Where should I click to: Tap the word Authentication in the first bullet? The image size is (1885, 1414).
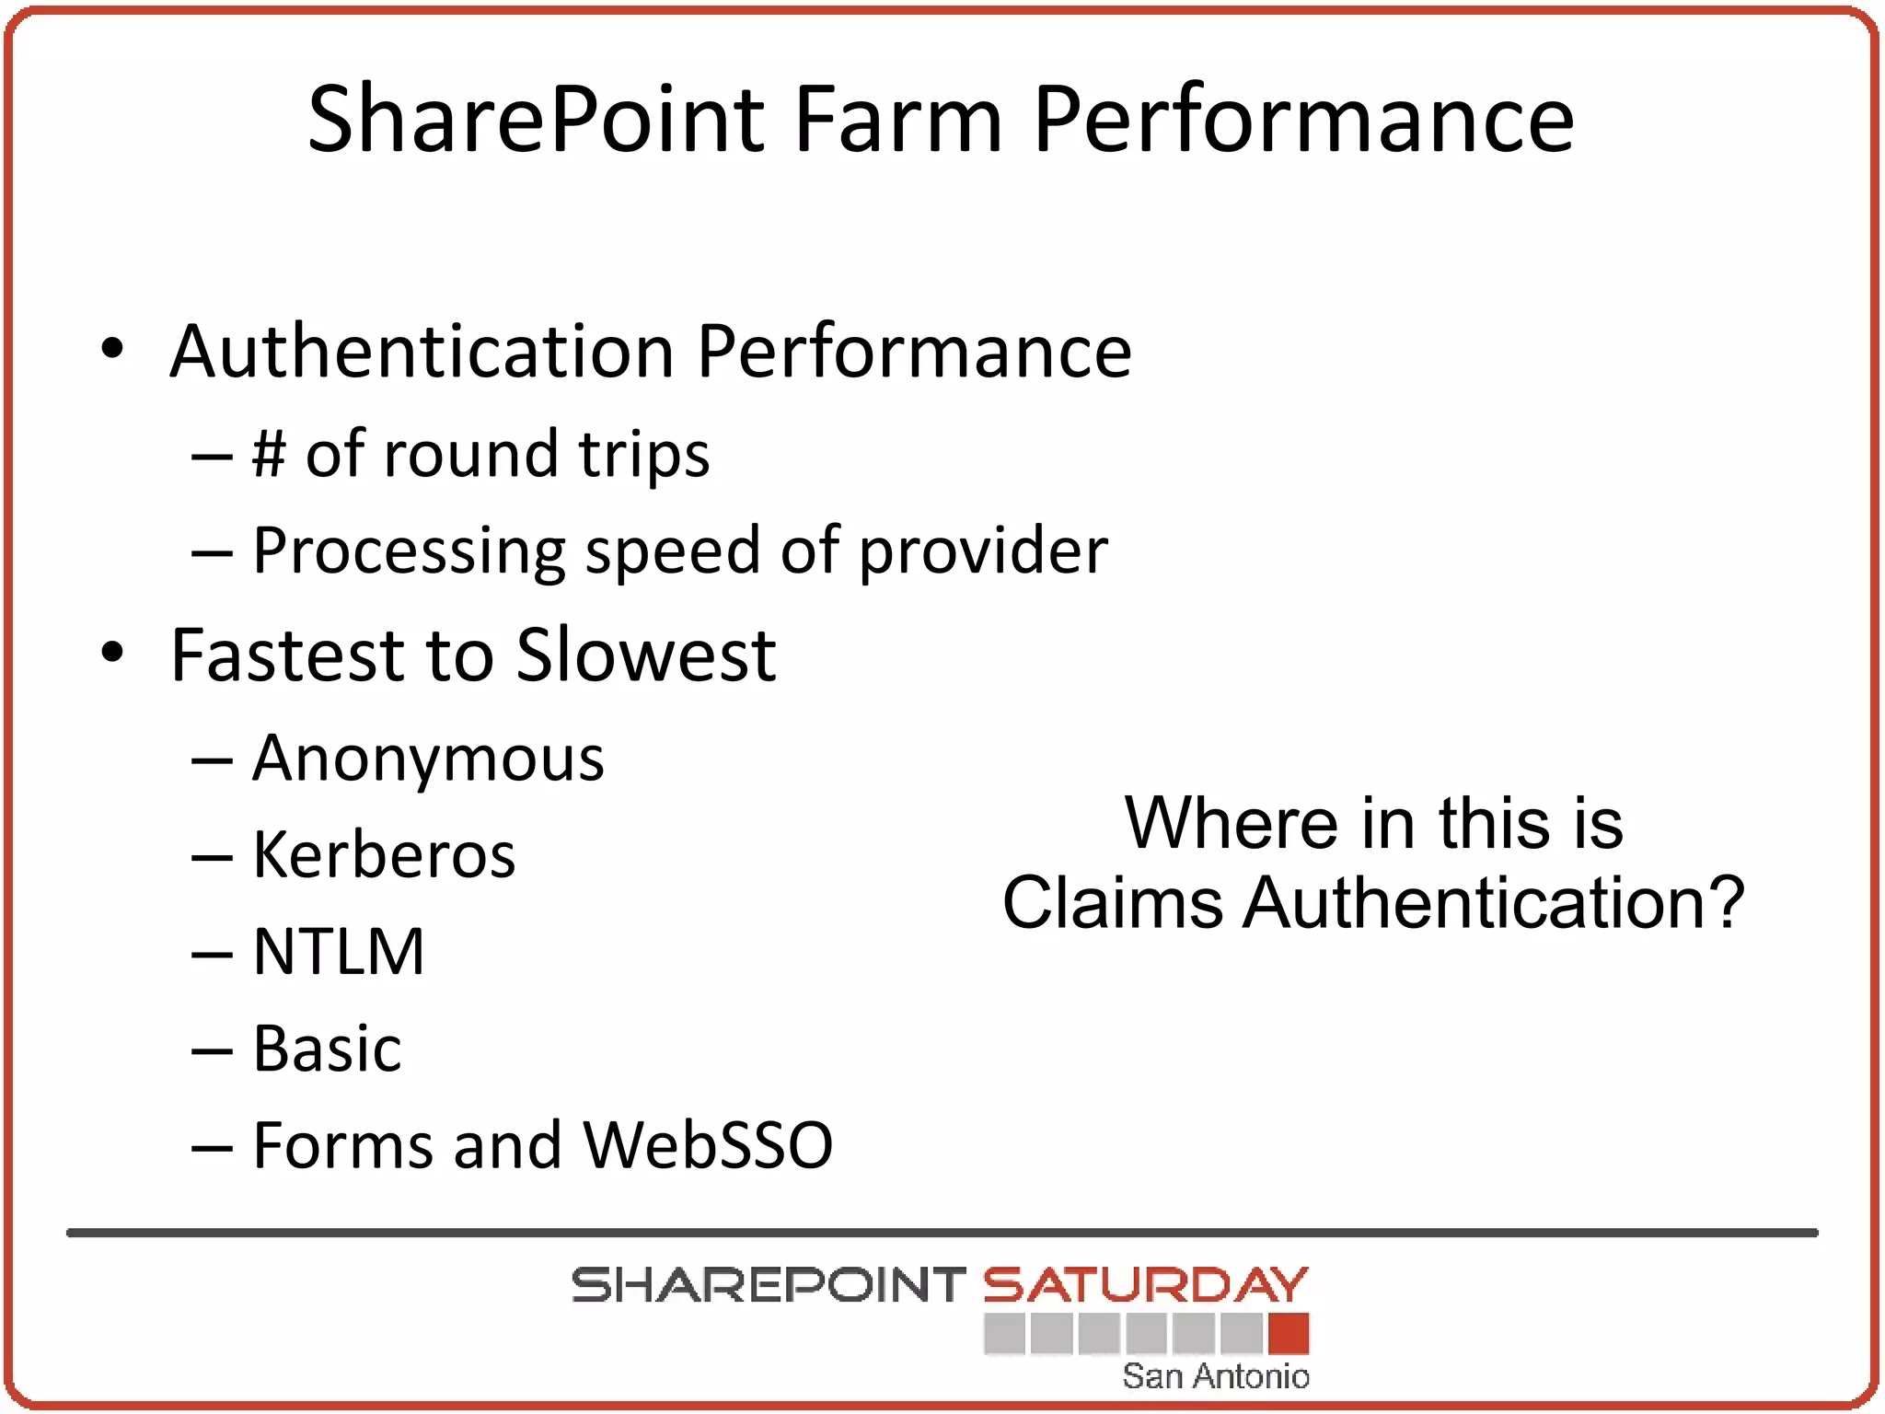click(422, 352)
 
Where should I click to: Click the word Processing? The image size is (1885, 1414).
click(409, 551)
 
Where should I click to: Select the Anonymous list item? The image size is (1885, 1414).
click(428, 759)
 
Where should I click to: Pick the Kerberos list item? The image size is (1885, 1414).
click(384, 855)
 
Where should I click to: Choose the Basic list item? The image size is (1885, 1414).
click(327, 1049)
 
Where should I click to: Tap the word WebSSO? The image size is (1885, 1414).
click(708, 1145)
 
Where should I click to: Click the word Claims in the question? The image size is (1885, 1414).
click(1113, 902)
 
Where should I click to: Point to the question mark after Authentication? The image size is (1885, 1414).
click(1724, 902)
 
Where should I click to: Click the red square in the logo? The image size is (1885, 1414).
click(1289, 1334)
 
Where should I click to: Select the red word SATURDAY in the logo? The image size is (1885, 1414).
click(1146, 1285)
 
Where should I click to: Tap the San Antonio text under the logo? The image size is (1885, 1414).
click(1215, 1376)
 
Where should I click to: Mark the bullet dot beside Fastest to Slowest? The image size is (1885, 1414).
click(112, 653)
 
